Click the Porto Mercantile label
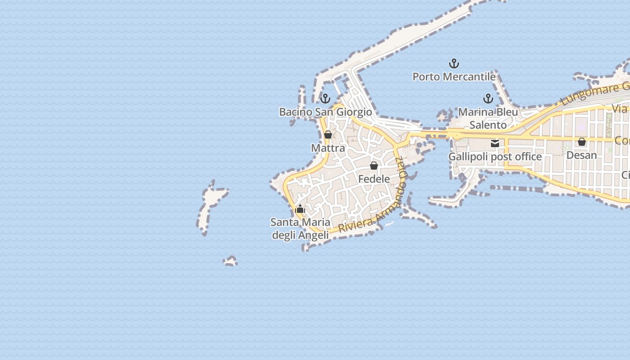pyautogui.click(x=454, y=77)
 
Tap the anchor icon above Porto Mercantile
pyautogui.click(x=454, y=63)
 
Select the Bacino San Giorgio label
pyautogui.click(x=325, y=112)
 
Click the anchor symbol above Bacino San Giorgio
pyautogui.click(x=325, y=98)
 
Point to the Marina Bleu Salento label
pyautogui.click(x=488, y=118)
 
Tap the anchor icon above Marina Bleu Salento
pyautogui.click(x=488, y=98)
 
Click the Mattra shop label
pyautogui.click(x=328, y=148)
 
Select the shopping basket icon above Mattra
pyautogui.click(x=328, y=135)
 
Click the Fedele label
pyautogui.click(x=374, y=179)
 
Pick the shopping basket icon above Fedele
pyautogui.click(x=373, y=166)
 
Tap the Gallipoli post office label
pyautogui.click(x=495, y=157)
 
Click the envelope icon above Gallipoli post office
pyautogui.click(x=495, y=144)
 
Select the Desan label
pyautogui.click(x=581, y=155)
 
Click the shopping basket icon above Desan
pyautogui.click(x=582, y=142)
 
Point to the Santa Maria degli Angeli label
pyautogui.click(x=300, y=228)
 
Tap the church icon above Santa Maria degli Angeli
pyautogui.click(x=300, y=209)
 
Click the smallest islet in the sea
pyautogui.click(x=230, y=261)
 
